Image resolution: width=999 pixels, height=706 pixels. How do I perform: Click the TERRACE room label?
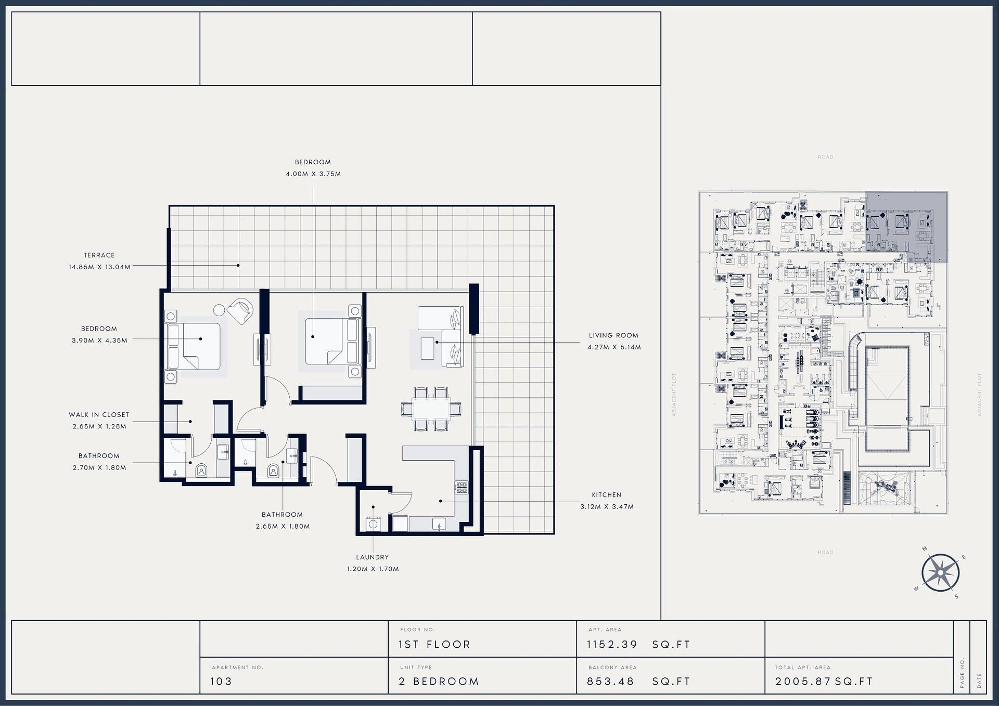(x=99, y=255)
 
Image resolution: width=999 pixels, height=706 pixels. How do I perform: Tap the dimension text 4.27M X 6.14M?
(x=614, y=347)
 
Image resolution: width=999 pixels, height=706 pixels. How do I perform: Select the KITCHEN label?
(x=606, y=495)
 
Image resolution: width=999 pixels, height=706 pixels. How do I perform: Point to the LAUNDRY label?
(x=373, y=557)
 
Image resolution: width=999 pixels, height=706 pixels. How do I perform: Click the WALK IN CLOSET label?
(x=99, y=415)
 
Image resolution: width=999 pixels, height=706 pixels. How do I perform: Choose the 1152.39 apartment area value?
(x=612, y=645)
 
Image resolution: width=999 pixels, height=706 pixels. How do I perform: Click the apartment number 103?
(x=221, y=682)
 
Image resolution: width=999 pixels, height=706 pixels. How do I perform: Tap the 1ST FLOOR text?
(x=434, y=645)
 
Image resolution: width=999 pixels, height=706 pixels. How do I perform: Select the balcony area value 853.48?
(x=610, y=682)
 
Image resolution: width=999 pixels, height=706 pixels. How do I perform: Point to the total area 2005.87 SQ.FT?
(x=824, y=682)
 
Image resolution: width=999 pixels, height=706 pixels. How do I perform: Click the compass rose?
(x=940, y=573)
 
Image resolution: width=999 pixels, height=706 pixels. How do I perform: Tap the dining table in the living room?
(x=431, y=409)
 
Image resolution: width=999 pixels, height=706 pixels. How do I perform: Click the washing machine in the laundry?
(x=373, y=524)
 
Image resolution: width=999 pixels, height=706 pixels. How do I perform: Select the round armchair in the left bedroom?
(x=240, y=311)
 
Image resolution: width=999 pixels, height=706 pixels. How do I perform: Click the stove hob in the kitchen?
(x=462, y=487)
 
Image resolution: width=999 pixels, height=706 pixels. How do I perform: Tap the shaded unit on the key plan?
(x=906, y=227)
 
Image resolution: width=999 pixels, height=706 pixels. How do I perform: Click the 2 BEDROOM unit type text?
(x=439, y=682)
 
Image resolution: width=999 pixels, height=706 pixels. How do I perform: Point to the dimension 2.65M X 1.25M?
(x=99, y=427)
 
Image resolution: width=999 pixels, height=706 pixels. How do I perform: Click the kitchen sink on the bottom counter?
(x=440, y=525)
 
